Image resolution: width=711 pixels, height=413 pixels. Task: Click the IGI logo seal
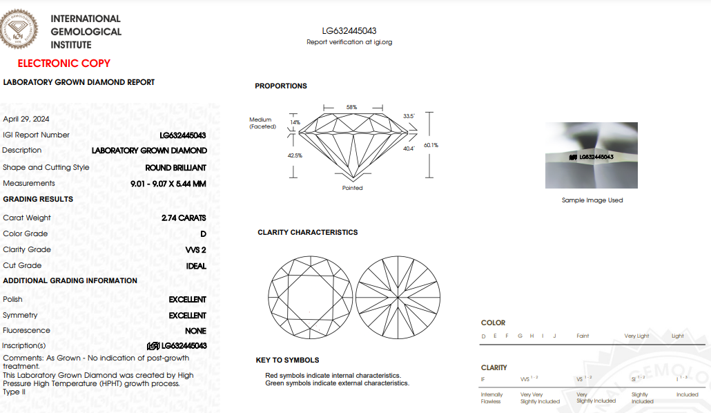click(x=19, y=28)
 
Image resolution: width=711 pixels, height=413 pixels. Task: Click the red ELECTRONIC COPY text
click(x=64, y=64)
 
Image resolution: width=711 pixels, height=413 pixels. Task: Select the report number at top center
click(x=349, y=31)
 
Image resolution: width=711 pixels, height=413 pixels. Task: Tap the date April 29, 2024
click(x=26, y=119)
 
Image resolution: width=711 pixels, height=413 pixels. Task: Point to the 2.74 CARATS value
click(x=184, y=218)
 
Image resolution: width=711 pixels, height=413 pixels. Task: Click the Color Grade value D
click(x=203, y=234)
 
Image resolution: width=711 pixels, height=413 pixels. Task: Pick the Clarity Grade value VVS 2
click(x=196, y=250)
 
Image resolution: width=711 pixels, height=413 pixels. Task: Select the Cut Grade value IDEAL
click(x=196, y=266)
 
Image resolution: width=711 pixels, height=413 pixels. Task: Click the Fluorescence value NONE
click(x=195, y=331)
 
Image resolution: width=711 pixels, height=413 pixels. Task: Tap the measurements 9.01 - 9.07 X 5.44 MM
click(x=168, y=184)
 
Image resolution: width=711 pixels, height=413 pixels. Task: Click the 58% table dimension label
click(x=351, y=108)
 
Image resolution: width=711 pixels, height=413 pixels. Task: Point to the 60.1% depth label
click(x=431, y=145)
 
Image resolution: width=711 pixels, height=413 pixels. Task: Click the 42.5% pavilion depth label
click(x=295, y=155)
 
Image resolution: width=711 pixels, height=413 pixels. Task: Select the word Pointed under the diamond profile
click(x=352, y=188)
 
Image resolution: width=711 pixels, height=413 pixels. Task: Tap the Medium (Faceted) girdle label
click(x=262, y=123)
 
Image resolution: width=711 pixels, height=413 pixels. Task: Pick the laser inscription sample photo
click(x=592, y=155)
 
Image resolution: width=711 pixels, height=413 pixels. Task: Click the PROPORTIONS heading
click(x=281, y=86)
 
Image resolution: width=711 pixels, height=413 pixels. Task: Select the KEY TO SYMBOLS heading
click(x=287, y=361)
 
